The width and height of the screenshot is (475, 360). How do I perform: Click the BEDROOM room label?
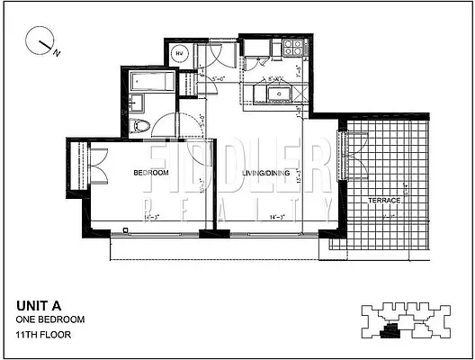click(152, 173)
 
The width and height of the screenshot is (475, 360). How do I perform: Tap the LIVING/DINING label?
click(267, 174)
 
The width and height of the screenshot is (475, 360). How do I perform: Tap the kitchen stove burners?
click(291, 46)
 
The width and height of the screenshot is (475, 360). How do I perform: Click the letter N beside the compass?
click(57, 53)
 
